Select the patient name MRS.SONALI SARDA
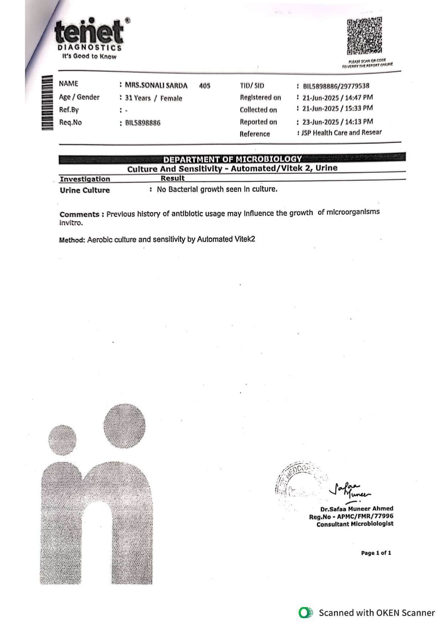156,85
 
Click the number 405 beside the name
205,86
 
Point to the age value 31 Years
138,98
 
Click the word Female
171,98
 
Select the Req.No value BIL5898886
143,123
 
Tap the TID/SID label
252,86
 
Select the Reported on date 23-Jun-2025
320,122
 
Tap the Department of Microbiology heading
232,159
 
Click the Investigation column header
85,179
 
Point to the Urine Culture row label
85,190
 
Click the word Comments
79,214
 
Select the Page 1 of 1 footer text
376,553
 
